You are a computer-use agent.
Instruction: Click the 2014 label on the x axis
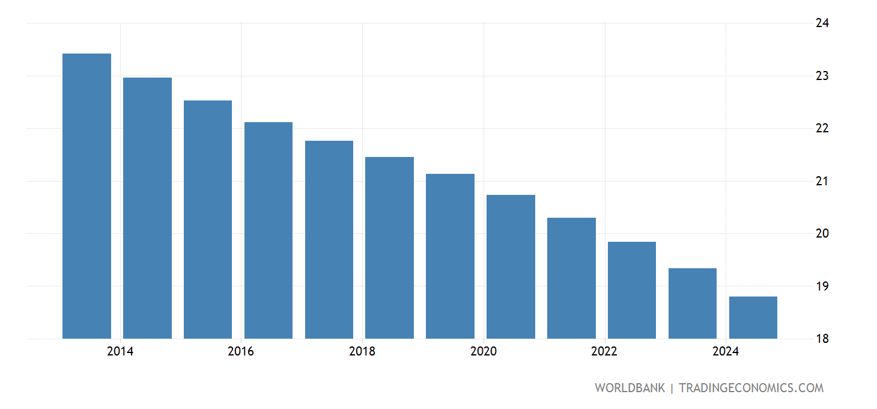[120, 352]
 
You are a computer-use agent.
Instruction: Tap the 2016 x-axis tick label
[241, 352]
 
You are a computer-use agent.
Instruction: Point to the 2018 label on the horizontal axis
[362, 352]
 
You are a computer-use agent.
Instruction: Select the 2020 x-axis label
[484, 352]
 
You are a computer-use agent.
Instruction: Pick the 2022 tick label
[604, 352]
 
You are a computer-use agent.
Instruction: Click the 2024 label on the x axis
[726, 352]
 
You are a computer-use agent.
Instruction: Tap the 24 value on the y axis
[822, 23]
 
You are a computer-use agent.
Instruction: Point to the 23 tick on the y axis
[822, 76]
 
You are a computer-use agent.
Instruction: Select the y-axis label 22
[822, 129]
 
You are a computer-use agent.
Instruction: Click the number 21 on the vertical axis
[822, 181]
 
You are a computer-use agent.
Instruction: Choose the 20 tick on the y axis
[822, 233]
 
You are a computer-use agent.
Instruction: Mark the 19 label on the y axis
[822, 286]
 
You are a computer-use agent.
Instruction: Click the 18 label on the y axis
[822, 339]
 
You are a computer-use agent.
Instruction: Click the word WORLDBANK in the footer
[630, 388]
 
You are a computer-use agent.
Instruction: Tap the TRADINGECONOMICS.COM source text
[751, 388]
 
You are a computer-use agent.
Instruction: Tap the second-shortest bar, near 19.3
[692, 303]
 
